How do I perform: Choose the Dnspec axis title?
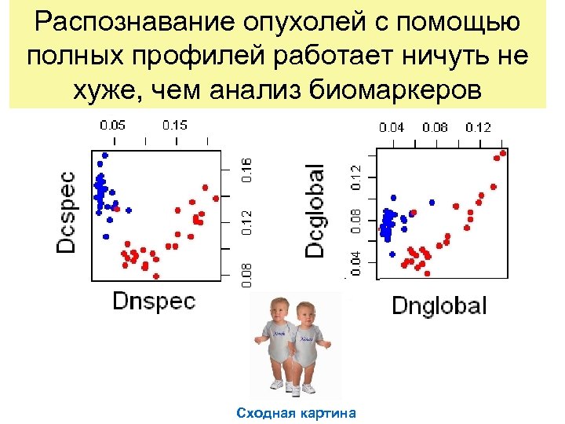pos(154,300)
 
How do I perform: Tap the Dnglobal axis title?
pos(439,305)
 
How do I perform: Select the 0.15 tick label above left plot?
pos(174,125)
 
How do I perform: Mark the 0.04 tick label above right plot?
pos(393,126)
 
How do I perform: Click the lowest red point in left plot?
pos(156,276)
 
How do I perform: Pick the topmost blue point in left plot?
pos(102,155)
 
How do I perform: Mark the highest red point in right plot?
pos(504,153)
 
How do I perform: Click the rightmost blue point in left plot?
pos(129,210)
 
